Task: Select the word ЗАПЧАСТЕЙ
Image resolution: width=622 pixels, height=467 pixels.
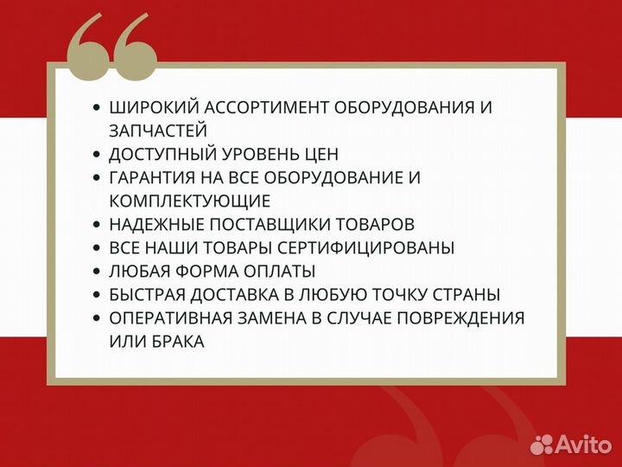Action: [x=158, y=131]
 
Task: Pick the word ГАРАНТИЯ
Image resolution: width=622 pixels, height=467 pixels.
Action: [x=153, y=178]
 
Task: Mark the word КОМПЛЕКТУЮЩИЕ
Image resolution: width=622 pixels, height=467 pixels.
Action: [x=190, y=202]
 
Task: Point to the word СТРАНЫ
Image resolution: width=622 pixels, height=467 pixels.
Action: [x=470, y=295]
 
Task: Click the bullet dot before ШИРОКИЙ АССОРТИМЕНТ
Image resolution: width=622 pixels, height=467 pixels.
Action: [x=96, y=108]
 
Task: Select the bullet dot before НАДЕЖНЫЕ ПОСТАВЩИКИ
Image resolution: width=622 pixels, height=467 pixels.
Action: [x=96, y=225]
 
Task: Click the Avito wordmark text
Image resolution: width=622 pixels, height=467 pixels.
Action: [x=584, y=444]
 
